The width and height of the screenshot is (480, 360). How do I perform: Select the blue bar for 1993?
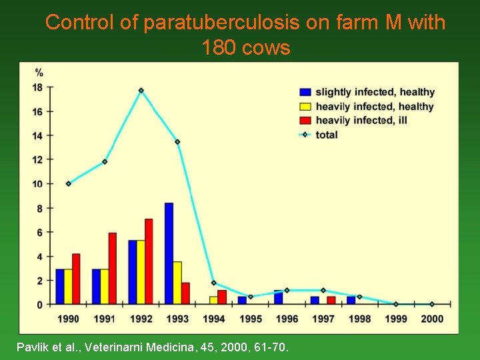(x=169, y=253)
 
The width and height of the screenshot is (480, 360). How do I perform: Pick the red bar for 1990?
(x=76, y=279)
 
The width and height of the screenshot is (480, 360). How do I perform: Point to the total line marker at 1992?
(x=141, y=91)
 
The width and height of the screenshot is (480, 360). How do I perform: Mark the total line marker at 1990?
(x=69, y=183)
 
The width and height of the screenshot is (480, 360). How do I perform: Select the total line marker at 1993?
(x=177, y=142)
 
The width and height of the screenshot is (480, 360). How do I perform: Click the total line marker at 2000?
(x=432, y=304)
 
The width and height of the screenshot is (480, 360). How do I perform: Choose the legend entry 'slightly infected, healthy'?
(x=375, y=92)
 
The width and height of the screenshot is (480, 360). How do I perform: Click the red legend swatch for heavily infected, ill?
(x=305, y=120)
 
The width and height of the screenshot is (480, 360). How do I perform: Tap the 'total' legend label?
(x=327, y=135)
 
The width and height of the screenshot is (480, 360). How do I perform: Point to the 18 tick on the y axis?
(x=37, y=87)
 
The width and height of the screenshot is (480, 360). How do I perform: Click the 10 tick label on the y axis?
(x=37, y=184)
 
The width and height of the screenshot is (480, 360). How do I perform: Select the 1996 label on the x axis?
(x=287, y=319)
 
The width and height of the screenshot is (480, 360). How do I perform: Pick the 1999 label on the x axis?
(x=396, y=319)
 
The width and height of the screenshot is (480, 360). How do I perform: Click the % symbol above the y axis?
(x=39, y=72)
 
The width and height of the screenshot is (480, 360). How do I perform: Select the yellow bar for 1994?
(x=213, y=300)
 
